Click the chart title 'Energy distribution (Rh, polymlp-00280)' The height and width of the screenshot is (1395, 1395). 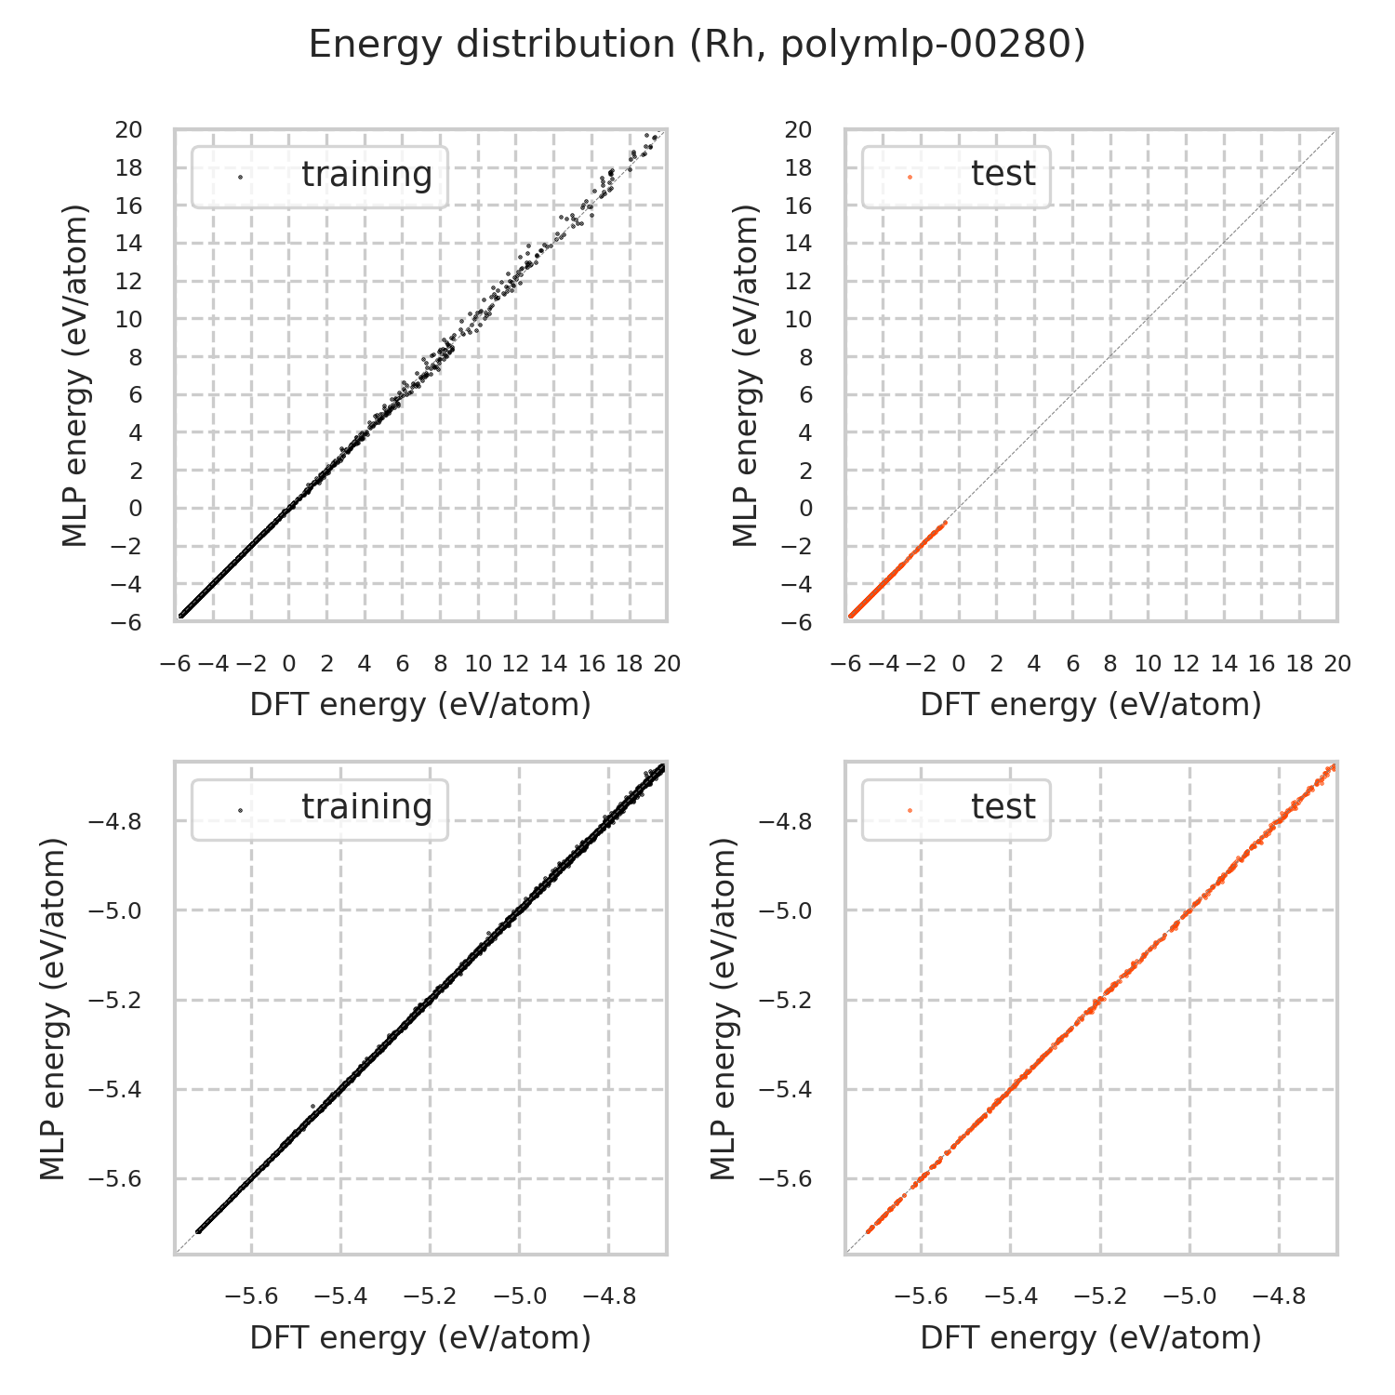click(x=697, y=45)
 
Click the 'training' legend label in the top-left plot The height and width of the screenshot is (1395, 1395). click(x=366, y=175)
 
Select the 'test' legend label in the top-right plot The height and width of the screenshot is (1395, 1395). click(x=1003, y=174)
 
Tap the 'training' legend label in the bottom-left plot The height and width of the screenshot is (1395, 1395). click(x=366, y=807)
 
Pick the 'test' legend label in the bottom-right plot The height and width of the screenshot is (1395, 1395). click(x=1003, y=807)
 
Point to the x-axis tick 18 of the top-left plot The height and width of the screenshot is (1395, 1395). click(x=630, y=664)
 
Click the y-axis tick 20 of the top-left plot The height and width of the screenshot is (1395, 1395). click(x=129, y=130)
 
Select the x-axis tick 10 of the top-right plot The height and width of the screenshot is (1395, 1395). click(x=1148, y=664)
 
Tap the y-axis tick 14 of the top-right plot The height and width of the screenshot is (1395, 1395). click(x=799, y=244)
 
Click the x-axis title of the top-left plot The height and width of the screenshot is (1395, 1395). click(x=420, y=705)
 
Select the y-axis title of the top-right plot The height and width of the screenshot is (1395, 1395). click(x=746, y=375)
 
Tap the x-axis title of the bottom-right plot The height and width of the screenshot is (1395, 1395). click(x=1090, y=1337)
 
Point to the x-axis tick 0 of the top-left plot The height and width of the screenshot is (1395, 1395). click(x=288, y=664)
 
